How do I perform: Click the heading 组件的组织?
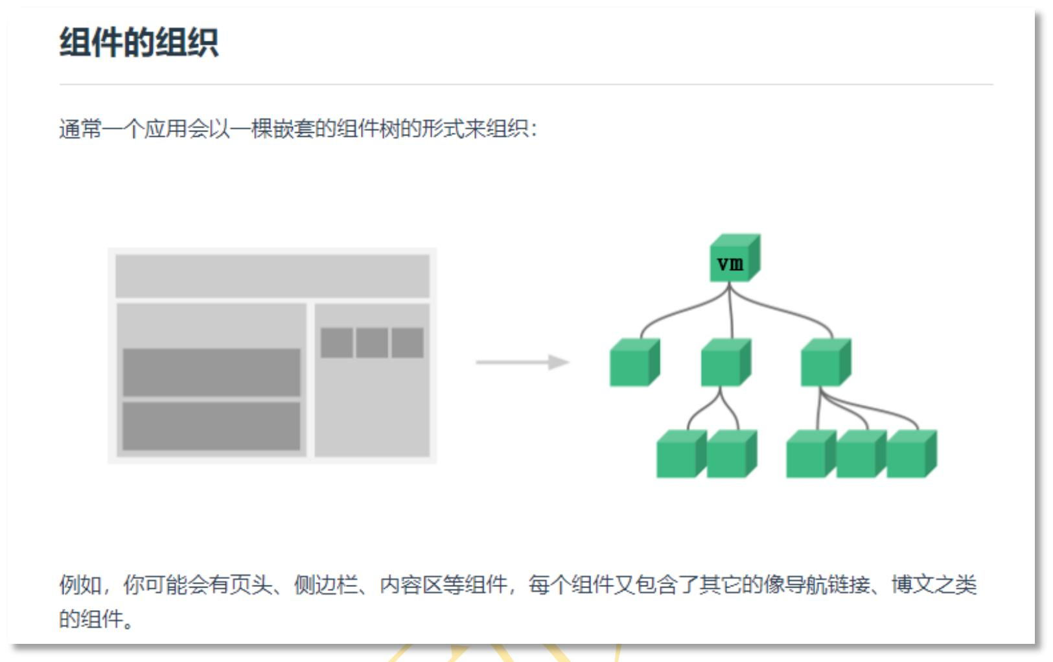(139, 42)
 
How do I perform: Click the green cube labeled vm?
(735, 257)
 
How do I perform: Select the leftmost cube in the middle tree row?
(634, 362)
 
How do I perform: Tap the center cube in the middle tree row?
(726, 362)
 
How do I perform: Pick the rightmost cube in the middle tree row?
(826, 362)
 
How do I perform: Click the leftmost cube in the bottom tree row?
(681, 454)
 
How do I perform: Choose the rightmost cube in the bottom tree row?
(912, 454)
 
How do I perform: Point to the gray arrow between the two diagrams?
(523, 362)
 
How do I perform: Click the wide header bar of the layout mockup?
(273, 276)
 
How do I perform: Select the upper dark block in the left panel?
(211, 372)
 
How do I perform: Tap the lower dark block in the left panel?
(211, 426)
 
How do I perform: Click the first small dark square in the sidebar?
(336, 343)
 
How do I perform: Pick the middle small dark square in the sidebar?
(372, 343)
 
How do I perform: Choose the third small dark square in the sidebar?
(408, 343)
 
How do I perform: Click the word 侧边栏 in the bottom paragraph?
(326, 585)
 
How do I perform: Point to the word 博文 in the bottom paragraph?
(913, 585)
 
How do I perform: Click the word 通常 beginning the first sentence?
(80, 129)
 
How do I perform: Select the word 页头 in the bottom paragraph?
(251, 585)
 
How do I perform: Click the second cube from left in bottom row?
(732, 454)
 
